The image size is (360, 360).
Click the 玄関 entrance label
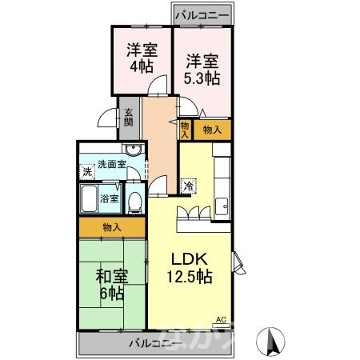tap(129, 121)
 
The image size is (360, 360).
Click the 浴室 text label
tap(110, 198)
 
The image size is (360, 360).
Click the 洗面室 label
tap(112, 165)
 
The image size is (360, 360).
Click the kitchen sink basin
tap(222, 205)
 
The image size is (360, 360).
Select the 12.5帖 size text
tap(190, 277)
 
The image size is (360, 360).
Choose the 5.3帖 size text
tap(202, 78)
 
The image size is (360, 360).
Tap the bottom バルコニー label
tap(155, 344)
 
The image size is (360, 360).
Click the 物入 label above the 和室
tap(112, 228)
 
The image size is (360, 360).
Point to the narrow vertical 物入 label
tap(185, 129)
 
